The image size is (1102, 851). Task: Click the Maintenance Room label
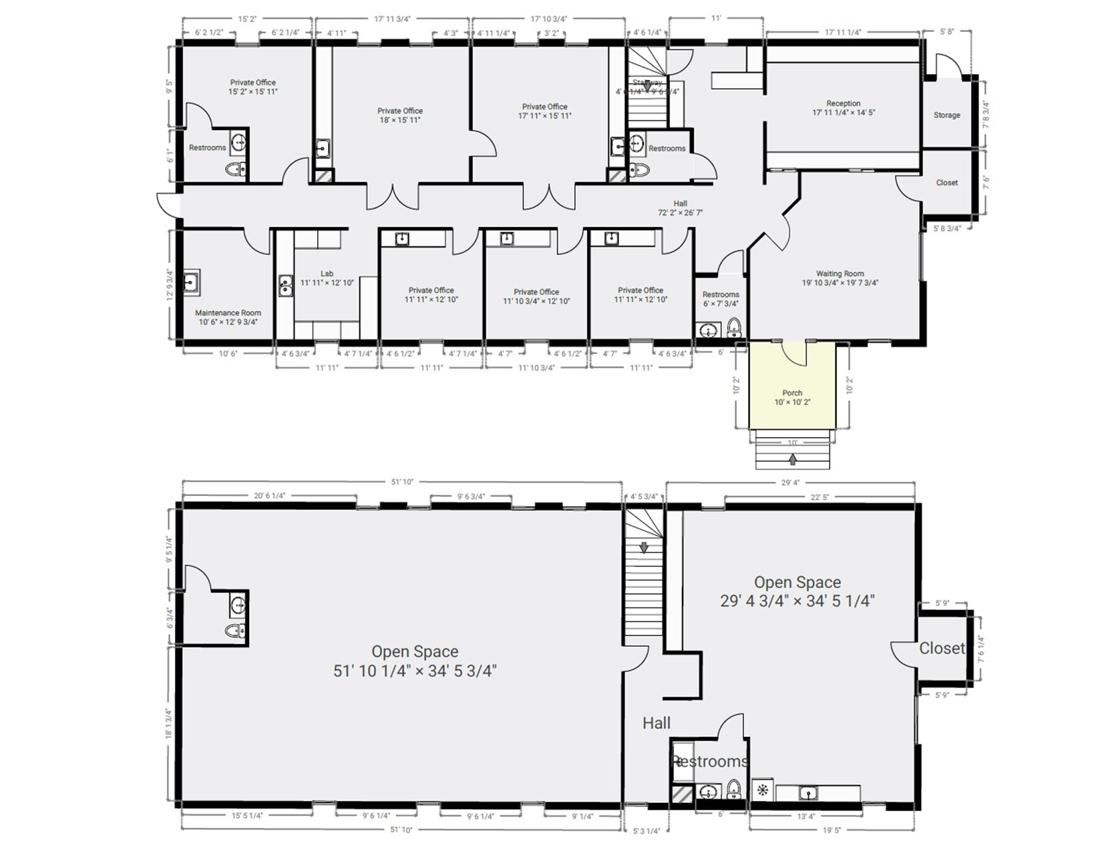click(228, 317)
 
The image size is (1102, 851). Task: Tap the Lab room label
click(327, 278)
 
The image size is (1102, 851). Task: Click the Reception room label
click(843, 108)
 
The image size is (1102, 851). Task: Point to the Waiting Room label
click(840, 278)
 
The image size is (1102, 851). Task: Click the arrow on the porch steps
click(793, 459)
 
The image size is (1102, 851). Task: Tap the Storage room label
click(946, 115)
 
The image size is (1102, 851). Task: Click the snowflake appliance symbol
click(762, 791)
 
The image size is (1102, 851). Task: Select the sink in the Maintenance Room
click(191, 283)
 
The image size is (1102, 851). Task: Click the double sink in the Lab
click(285, 286)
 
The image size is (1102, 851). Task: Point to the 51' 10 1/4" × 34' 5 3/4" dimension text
click(415, 671)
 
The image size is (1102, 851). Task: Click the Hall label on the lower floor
click(656, 723)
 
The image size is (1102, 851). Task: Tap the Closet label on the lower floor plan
click(942, 648)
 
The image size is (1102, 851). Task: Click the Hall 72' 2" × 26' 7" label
click(680, 208)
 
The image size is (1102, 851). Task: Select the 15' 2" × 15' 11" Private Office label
click(252, 87)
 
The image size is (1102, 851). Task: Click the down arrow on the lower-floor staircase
click(644, 547)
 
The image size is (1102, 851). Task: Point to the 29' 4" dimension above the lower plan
click(790, 482)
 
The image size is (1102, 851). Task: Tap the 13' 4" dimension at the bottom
click(806, 816)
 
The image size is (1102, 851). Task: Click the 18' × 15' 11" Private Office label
click(399, 115)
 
